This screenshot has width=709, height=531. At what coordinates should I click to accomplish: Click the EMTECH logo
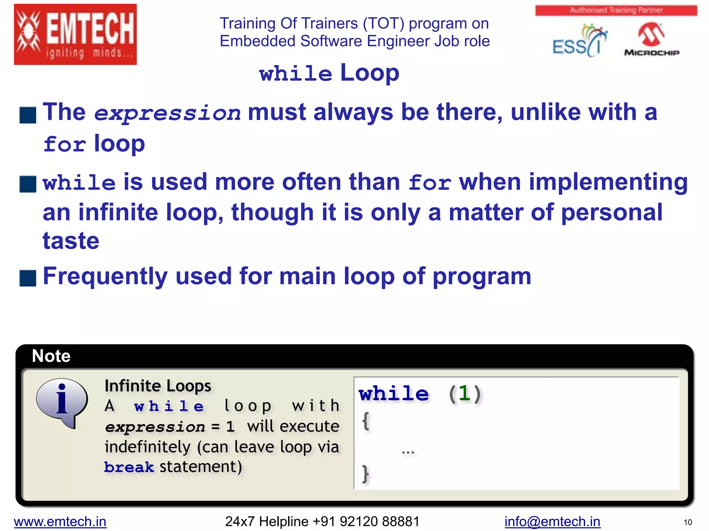pyautogui.click(x=75, y=34)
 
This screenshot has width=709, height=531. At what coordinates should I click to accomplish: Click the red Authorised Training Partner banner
pyautogui.click(x=616, y=10)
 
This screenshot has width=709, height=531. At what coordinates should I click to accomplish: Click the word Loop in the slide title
pyautogui.click(x=369, y=73)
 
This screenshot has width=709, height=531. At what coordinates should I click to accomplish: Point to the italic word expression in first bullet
pyautogui.click(x=167, y=113)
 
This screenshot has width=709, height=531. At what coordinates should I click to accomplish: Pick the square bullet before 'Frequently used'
pyautogui.click(x=28, y=278)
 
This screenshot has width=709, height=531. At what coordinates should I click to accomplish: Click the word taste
pyautogui.click(x=71, y=241)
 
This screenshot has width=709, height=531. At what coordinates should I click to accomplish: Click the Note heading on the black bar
pyautogui.click(x=51, y=356)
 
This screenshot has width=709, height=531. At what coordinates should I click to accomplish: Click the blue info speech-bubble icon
pyautogui.click(x=62, y=402)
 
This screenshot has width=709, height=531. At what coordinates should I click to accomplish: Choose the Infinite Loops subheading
pyautogui.click(x=158, y=386)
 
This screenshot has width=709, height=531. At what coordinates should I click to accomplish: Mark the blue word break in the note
pyautogui.click(x=129, y=467)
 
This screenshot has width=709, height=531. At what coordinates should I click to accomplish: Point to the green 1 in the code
pyautogui.click(x=464, y=393)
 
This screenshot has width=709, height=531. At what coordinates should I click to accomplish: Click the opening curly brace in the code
pyautogui.click(x=366, y=421)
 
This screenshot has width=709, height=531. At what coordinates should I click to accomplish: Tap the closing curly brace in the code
pyautogui.click(x=365, y=474)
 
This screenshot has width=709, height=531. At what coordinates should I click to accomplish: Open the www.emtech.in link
pyautogui.click(x=60, y=521)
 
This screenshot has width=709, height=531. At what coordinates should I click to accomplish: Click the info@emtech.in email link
pyautogui.click(x=552, y=521)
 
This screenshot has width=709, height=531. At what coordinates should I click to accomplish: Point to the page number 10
pyautogui.click(x=688, y=522)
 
